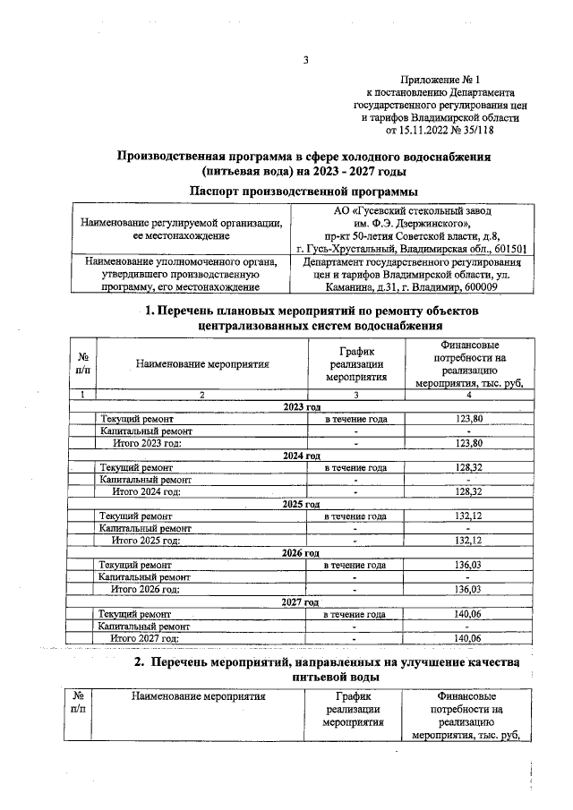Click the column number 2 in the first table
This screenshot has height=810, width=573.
pyautogui.click(x=201, y=395)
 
